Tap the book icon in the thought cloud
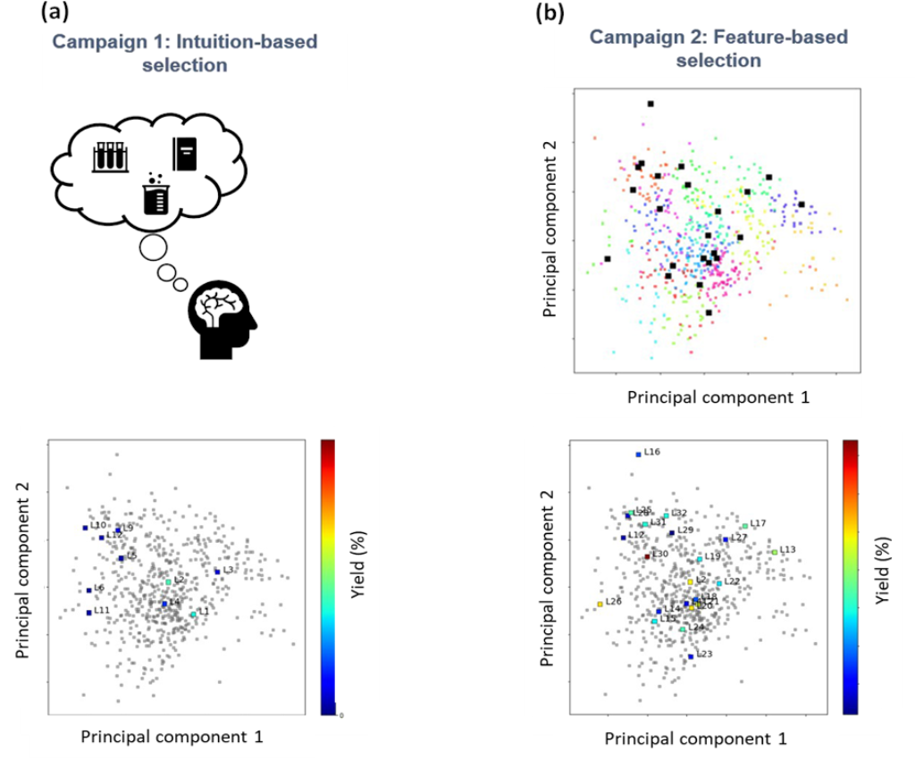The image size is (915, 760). [x=184, y=154]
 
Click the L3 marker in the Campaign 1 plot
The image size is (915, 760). [x=217, y=572]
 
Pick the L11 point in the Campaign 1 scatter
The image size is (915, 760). [x=88, y=612]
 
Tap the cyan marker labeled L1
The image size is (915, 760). [x=193, y=614]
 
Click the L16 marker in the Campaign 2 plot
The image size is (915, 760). [x=638, y=454]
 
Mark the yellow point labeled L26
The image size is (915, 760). [x=600, y=604]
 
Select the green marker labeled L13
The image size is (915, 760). [x=775, y=552]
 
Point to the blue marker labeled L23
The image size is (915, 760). [x=691, y=656]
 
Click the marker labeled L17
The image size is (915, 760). [x=745, y=525]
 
